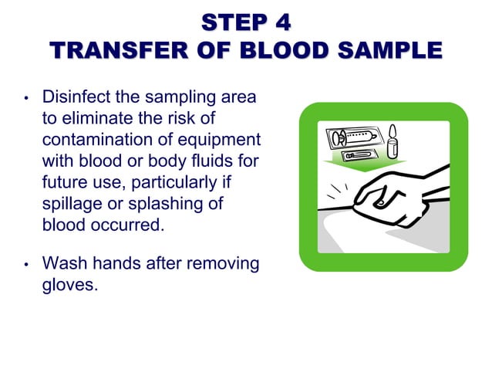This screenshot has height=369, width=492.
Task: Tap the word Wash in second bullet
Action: pos(60,264)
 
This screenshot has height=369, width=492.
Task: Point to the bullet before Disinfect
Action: pos(25,100)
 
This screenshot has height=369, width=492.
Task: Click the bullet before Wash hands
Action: pos(25,265)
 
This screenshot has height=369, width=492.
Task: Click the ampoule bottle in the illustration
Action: pos(392,142)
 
